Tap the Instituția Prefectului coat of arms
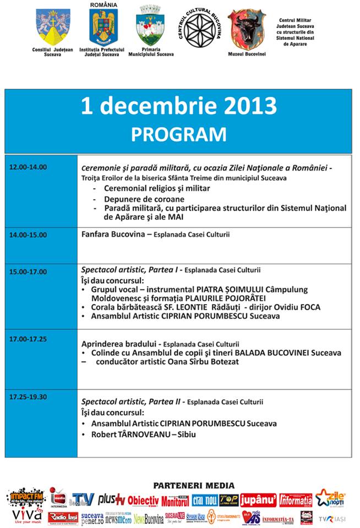[103, 27]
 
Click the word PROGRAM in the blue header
[178, 134]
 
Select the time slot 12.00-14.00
[28, 167]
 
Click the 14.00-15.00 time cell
[28, 235]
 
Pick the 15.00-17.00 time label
[28, 272]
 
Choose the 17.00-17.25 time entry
[28, 339]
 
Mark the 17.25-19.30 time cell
[28, 396]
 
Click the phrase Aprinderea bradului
[113, 343]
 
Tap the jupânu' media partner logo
[258, 499]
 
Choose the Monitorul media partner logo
[175, 501]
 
